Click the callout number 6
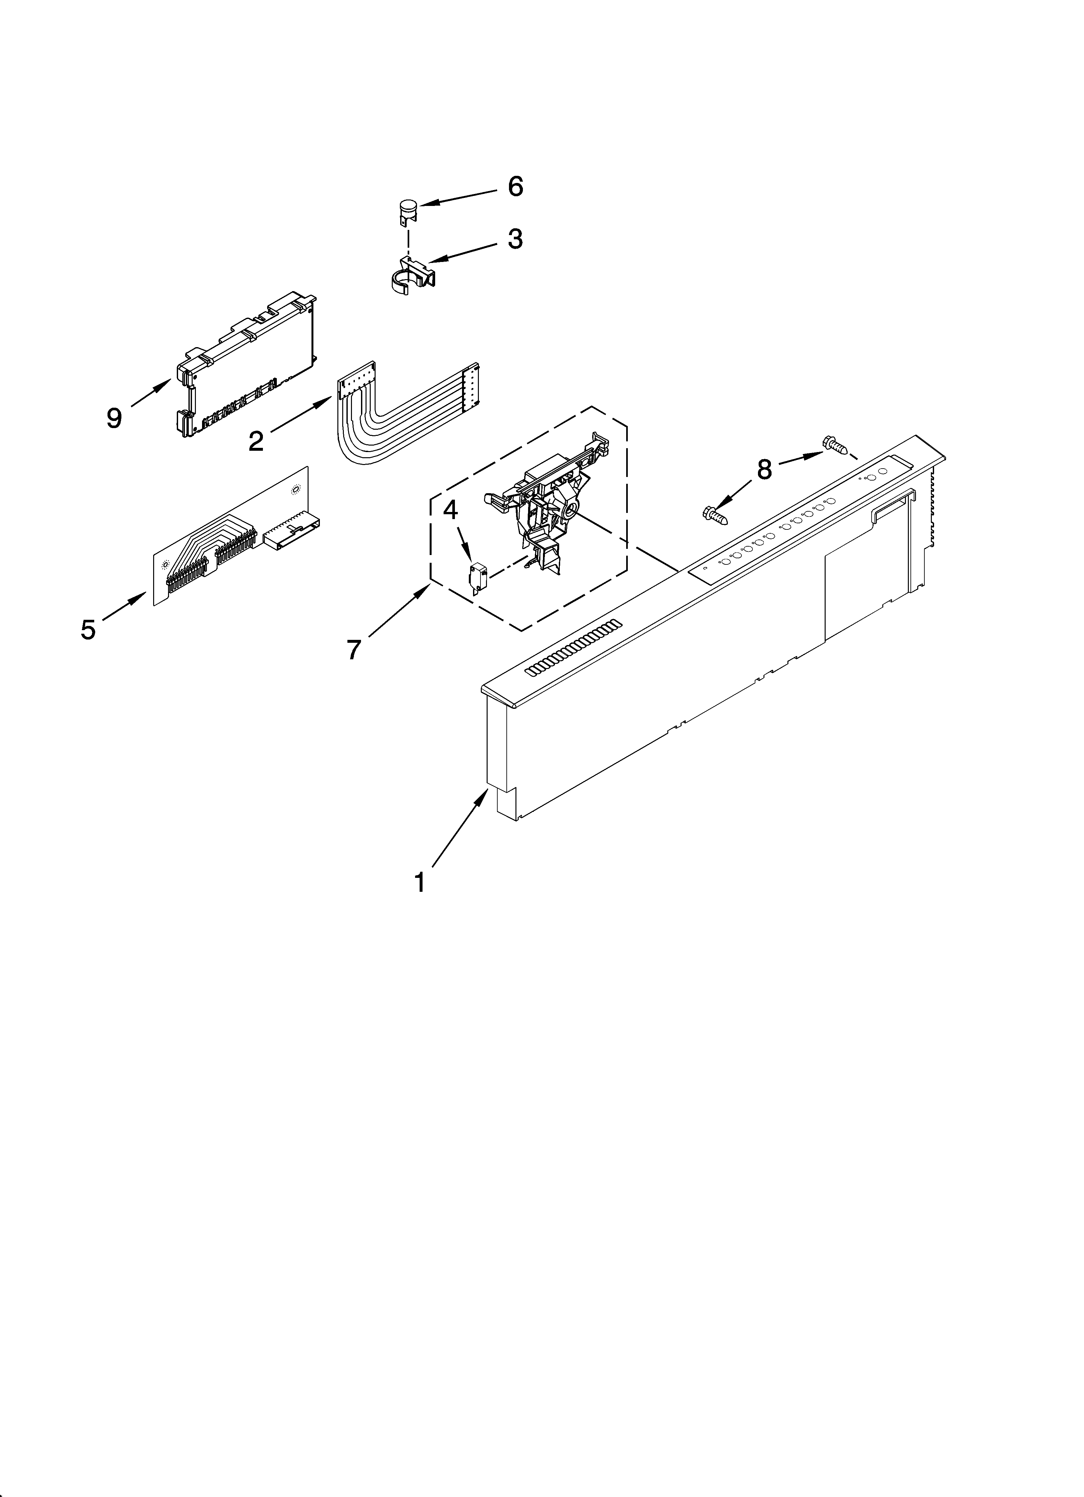[515, 187]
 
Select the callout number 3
[515, 239]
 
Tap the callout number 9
[114, 418]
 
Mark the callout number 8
[764, 469]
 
